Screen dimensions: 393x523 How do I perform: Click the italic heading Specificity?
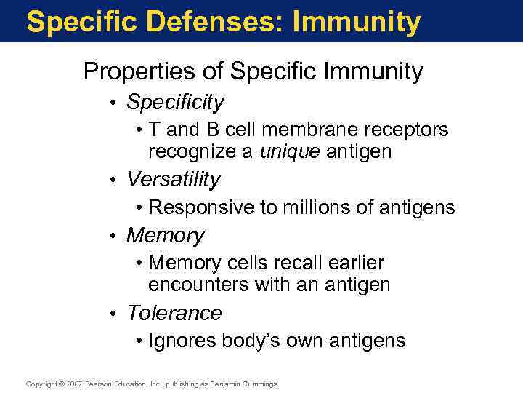coord(175,103)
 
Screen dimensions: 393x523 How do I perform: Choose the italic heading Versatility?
coord(173,179)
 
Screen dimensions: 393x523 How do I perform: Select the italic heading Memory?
coord(165,236)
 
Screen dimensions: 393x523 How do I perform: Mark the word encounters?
coord(198,285)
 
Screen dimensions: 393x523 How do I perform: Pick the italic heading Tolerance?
coord(174,313)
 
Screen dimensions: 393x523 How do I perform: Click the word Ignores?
coord(177,341)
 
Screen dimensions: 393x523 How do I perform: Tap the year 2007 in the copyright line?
coord(74,384)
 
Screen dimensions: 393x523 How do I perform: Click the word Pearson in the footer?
coord(100,384)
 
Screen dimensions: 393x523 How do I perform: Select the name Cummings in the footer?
coord(259,384)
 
